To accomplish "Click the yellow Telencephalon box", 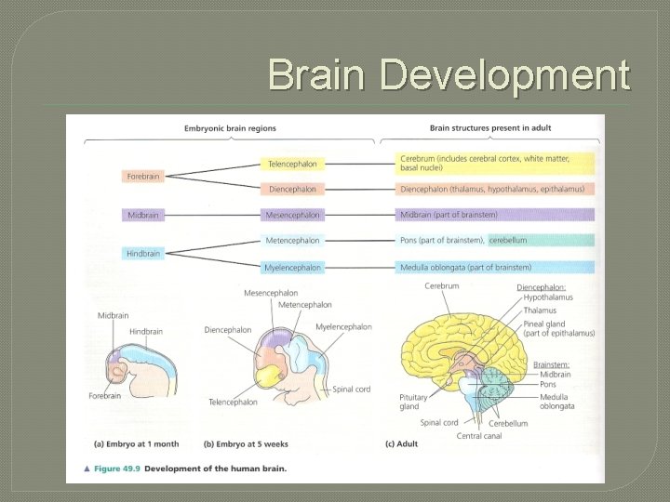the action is [292, 164].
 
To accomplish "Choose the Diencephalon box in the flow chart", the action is [292, 189].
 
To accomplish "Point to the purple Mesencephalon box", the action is [292, 215].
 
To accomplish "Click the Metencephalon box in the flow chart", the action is [292, 241].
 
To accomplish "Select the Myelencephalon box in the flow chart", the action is [292, 268].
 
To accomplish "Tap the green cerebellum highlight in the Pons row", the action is [508, 241].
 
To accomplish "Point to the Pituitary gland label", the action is [412, 402].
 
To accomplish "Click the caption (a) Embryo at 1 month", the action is [137, 443].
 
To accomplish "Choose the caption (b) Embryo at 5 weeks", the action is [239, 443].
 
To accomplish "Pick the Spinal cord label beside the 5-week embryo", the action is [351, 390].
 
